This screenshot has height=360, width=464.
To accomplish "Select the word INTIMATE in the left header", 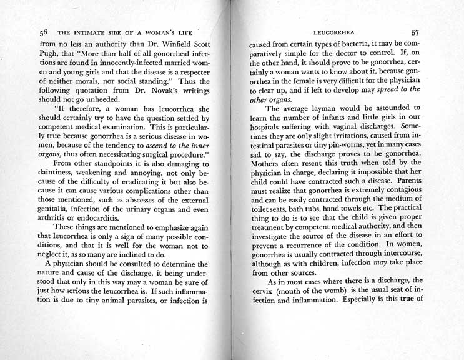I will coord(90,32).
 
